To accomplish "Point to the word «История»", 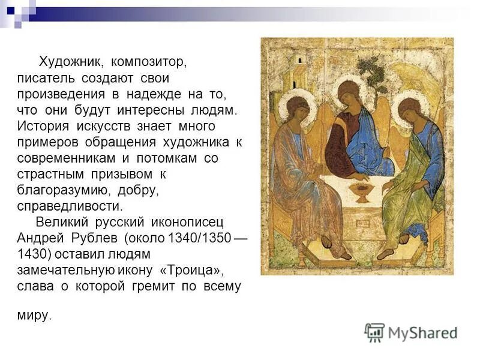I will [43, 127].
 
